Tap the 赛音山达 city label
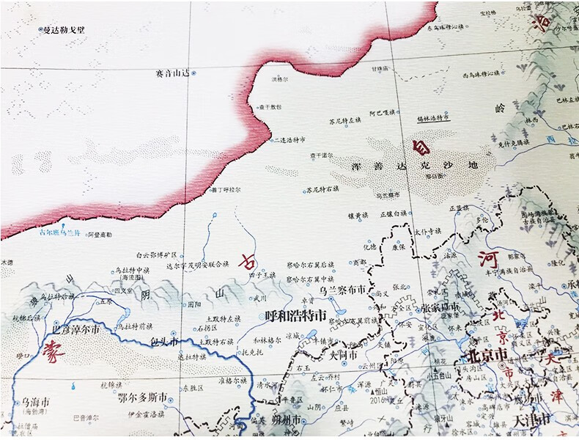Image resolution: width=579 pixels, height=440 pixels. click(x=173, y=73)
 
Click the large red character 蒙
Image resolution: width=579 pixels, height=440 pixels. click(x=52, y=353)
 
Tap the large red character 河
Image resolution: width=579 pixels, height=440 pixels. click(x=486, y=258)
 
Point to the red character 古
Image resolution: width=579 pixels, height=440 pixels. click(x=248, y=261)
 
